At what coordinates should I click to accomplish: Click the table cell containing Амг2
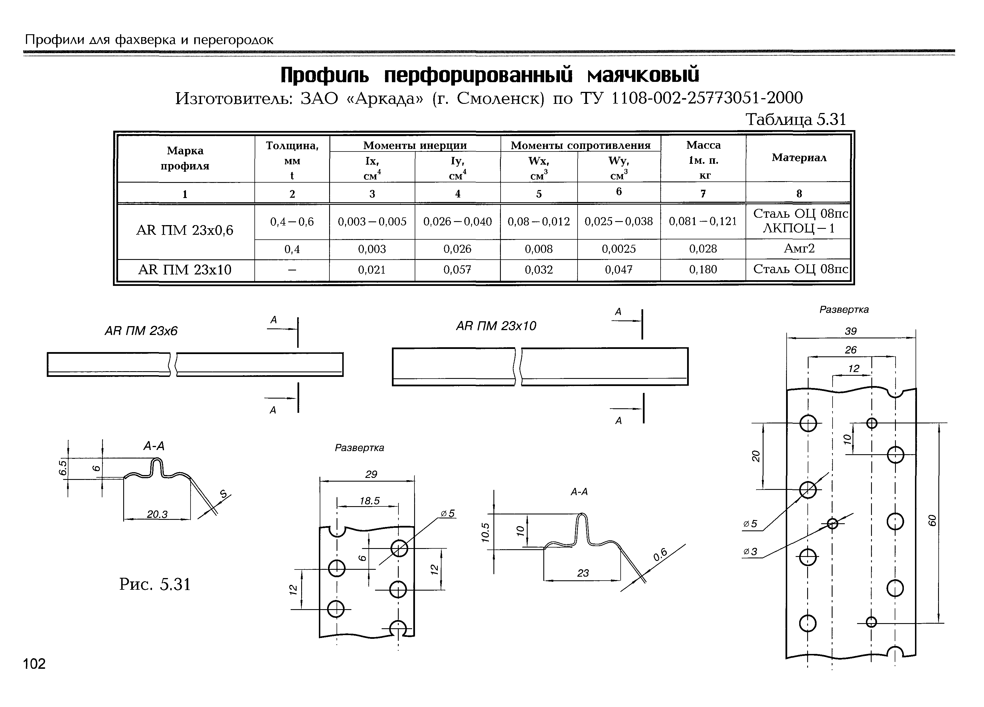click(x=799, y=249)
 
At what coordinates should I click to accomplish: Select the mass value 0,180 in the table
click(x=703, y=270)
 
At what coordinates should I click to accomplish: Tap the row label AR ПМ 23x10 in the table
click(x=185, y=270)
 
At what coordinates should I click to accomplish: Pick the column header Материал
click(x=799, y=158)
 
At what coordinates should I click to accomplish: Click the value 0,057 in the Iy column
click(x=457, y=270)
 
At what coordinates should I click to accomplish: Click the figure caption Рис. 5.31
click(x=155, y=585)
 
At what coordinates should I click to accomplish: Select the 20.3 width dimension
click(x=157, y=514)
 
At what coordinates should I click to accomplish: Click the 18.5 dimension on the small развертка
click(x=369, y=501)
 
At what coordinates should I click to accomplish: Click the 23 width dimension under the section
click(x=583, y=573)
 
